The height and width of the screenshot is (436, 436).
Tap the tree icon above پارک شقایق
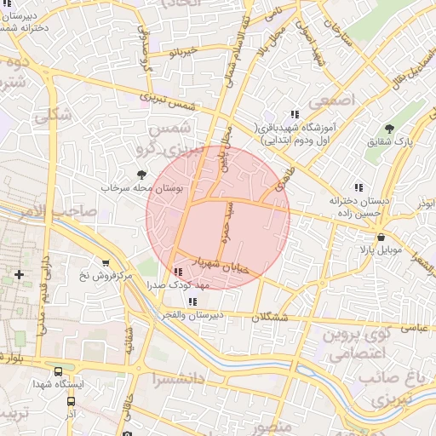pyautogui.click(x=390, y=129)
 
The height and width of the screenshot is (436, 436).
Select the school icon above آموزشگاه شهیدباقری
pyautogui.click(x=295, y=114)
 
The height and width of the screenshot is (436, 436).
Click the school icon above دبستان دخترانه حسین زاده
pyautogui.click(x=359, y=186)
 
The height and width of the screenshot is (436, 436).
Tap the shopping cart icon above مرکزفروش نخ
pyautogui.click(x=106, y=263)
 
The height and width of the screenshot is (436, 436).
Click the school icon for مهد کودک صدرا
pyautogui.click(x=177, y=272)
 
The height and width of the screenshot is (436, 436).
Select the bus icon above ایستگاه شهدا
pyautogui.click(x=57, y=371)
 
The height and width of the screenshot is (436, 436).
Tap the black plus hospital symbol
pyautogui.click(x=20, y=274)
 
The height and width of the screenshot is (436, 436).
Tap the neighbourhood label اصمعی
pyautogui.click(x=324, y=101)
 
